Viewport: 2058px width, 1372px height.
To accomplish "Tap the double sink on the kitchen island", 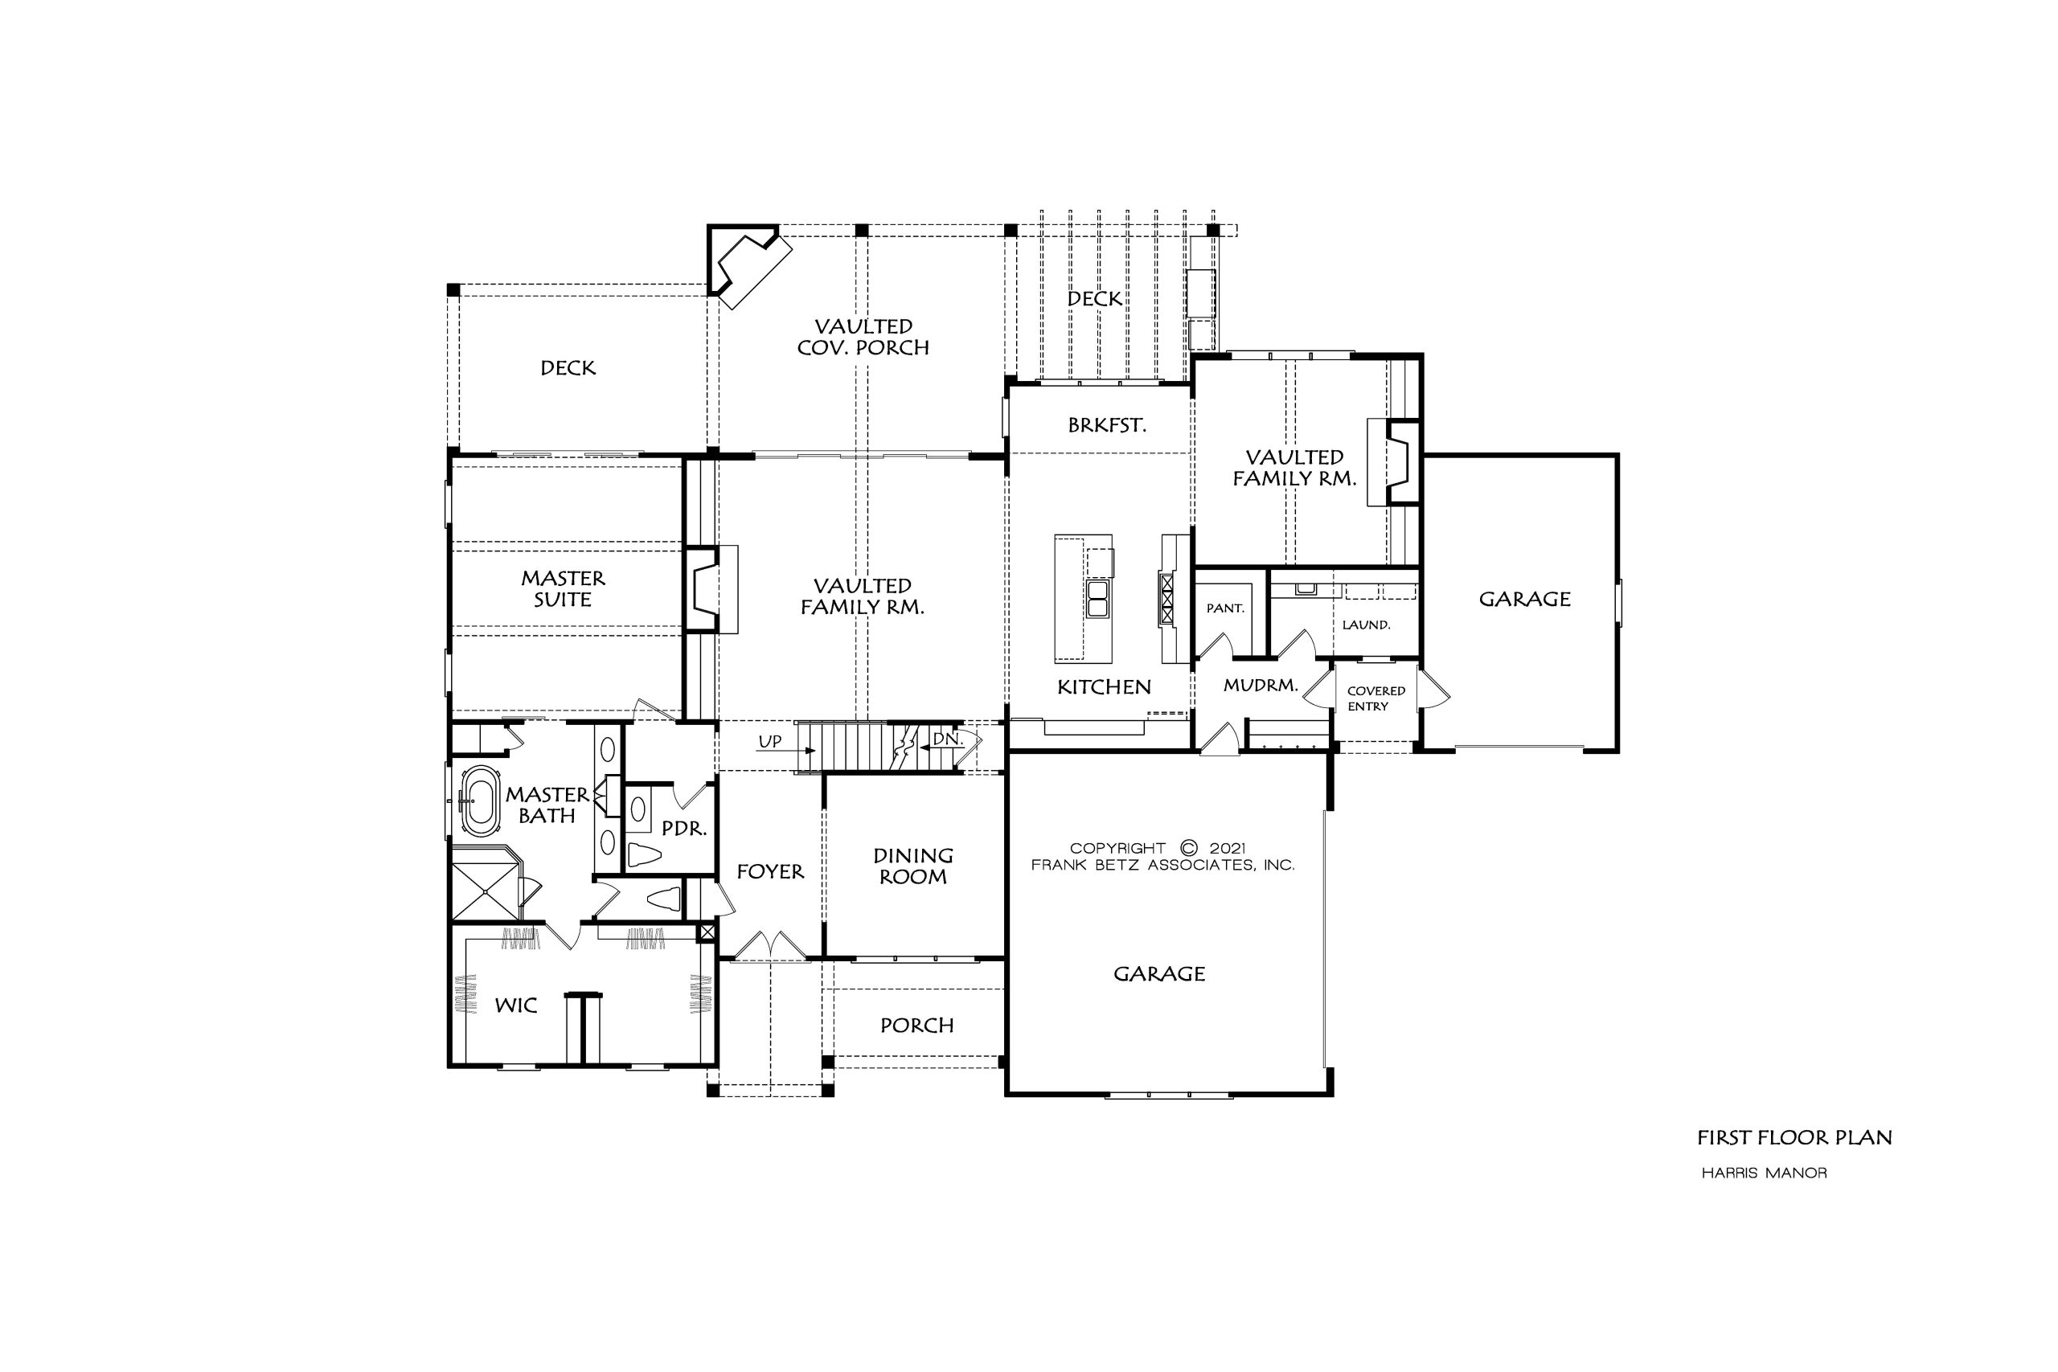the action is tap(1097, 599).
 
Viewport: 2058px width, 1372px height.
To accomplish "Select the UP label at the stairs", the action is tap(770, 742).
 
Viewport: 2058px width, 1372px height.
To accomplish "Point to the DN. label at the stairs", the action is tap(947, 739).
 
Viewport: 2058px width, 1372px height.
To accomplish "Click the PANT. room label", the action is tap(1225, 608).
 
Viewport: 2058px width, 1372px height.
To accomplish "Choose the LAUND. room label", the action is tap(1366, 625).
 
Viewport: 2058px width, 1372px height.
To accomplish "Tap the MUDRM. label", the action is tap(1260, 685).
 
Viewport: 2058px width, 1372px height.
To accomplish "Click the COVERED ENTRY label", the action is tap(1375, 698).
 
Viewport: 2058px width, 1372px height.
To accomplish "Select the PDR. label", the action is tap(683, 828).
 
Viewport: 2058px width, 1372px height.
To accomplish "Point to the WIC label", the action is tap(515, 1005).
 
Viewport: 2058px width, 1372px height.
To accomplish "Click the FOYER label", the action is tap(770, 871).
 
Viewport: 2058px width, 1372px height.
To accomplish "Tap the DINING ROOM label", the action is tap(912, 866).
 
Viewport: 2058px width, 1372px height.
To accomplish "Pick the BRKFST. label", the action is tap(1107, 425).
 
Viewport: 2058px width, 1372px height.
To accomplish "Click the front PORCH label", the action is tap(917, 1026).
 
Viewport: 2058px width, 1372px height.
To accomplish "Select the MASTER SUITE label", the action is tap(563, 589).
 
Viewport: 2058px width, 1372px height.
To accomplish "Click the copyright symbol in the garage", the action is tap(1187, 848).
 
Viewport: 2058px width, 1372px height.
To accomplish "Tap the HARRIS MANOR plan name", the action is tap(1764, 1173).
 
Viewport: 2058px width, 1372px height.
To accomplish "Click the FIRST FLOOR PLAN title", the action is tap(1794, 1137).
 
